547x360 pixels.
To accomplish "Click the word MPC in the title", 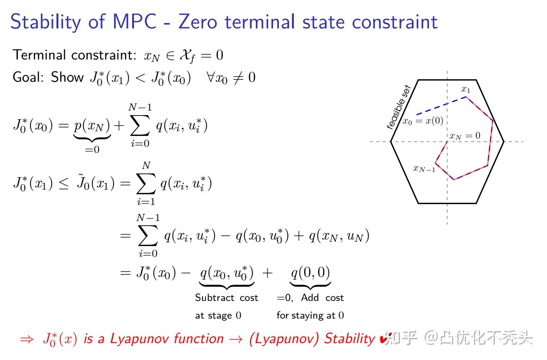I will point(134,22).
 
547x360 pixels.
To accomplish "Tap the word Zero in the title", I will point(198,22).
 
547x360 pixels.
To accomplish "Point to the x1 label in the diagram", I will point(466,90).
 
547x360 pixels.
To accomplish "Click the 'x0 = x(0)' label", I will point(423,121).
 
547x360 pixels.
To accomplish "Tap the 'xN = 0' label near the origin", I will point(465,136).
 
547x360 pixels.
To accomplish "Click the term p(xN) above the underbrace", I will point(92,125).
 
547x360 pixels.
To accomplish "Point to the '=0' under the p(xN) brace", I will point(92,150).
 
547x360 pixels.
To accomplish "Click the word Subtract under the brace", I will point(214,298).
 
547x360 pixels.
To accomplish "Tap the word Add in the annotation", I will point(310,298).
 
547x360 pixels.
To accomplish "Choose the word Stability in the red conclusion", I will point(349,339).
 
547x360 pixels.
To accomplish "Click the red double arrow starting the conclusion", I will point(27,339).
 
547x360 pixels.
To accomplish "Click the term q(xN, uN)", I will point(339,235).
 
